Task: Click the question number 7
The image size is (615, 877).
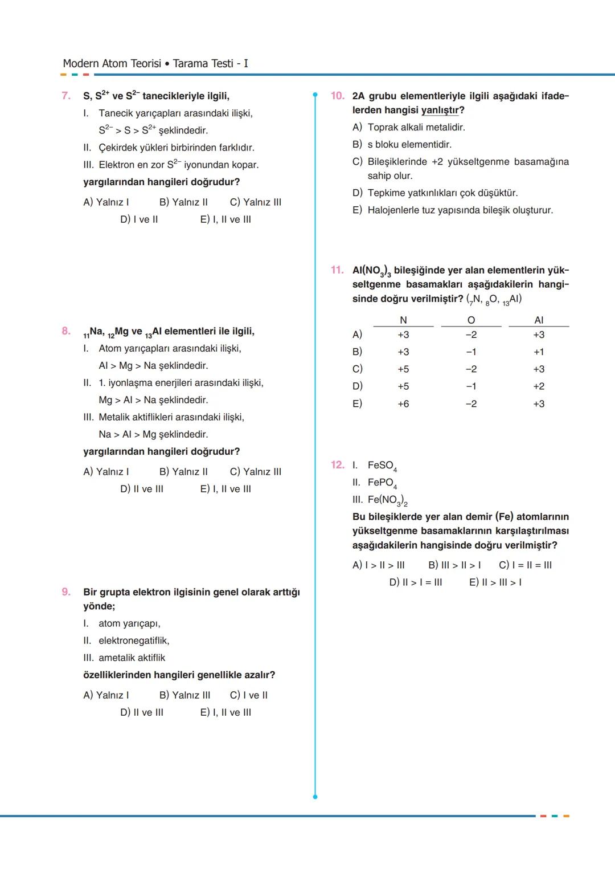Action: [x=66, y=96]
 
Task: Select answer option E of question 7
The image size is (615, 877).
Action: [x=225, y=219]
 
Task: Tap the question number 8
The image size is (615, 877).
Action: [x=66, y=331]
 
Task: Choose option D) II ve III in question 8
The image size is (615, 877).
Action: [x=142, y=489]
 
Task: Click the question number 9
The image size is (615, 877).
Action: [x=66, y=592]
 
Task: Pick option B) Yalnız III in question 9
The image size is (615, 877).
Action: [x=184, y=695]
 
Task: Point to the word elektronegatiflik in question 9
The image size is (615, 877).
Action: [x=134, y=641]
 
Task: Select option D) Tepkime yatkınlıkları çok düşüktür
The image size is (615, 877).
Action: [x=435, y=193]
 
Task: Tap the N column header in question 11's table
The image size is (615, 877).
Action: [x=403, y=320]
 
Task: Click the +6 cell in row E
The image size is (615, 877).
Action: [x=403, y=404]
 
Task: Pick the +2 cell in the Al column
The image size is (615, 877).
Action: [x=539, y=386]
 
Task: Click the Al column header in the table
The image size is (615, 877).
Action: [x=539, y=320]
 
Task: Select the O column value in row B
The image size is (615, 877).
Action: [x=471, y=352]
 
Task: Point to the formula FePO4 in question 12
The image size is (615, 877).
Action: [x=382, y=483]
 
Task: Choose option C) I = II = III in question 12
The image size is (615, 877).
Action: [x=525, y=565]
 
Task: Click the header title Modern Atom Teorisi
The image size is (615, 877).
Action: [x=112, y=64]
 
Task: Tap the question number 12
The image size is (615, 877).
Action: [x=338, y=465]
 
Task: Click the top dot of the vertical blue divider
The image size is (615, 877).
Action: [x=315, y=95]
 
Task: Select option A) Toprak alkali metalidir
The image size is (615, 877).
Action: [x=409, y=127]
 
